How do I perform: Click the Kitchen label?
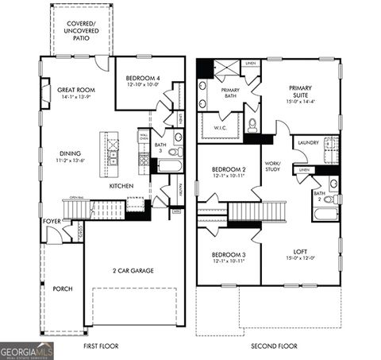(121, 186)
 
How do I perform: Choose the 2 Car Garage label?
(133, 270)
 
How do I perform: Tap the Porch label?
(63, 288)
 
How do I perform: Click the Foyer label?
(52, 221)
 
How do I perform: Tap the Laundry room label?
(306, 142)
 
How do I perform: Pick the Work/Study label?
(275, 166)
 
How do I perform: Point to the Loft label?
(299, 254)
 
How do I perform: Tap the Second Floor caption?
(274, 346)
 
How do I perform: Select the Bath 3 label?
(160, 148)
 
